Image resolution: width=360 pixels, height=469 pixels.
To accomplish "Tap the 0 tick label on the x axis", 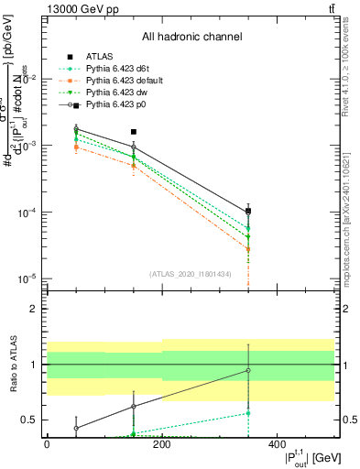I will pyautogui.click(x=47, y=442).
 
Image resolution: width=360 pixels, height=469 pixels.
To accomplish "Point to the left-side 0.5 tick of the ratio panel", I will pyautogui.click(x=31, y=420).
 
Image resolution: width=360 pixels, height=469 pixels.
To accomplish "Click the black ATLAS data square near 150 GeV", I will pyautogui.click(x=134, y=132).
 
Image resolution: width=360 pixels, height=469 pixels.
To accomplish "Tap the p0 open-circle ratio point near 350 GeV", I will pyautogui.click(x=248, y=371).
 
